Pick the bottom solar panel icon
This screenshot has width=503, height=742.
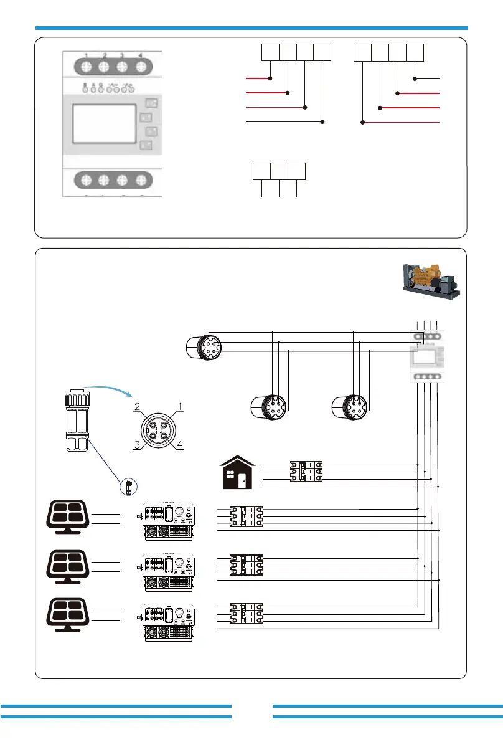coord(68,614)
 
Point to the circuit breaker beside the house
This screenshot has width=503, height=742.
coord(306,472)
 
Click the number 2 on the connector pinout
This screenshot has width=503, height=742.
coord(138,407)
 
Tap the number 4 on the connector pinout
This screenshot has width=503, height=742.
coord(180,445)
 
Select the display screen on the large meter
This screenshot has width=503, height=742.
coord(105,123)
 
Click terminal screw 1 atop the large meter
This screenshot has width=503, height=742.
coord(86,65)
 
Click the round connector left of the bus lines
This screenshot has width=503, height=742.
coord(203,346)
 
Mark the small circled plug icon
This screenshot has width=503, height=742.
coord(129,486)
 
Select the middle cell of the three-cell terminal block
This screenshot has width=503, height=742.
coord(279,171)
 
